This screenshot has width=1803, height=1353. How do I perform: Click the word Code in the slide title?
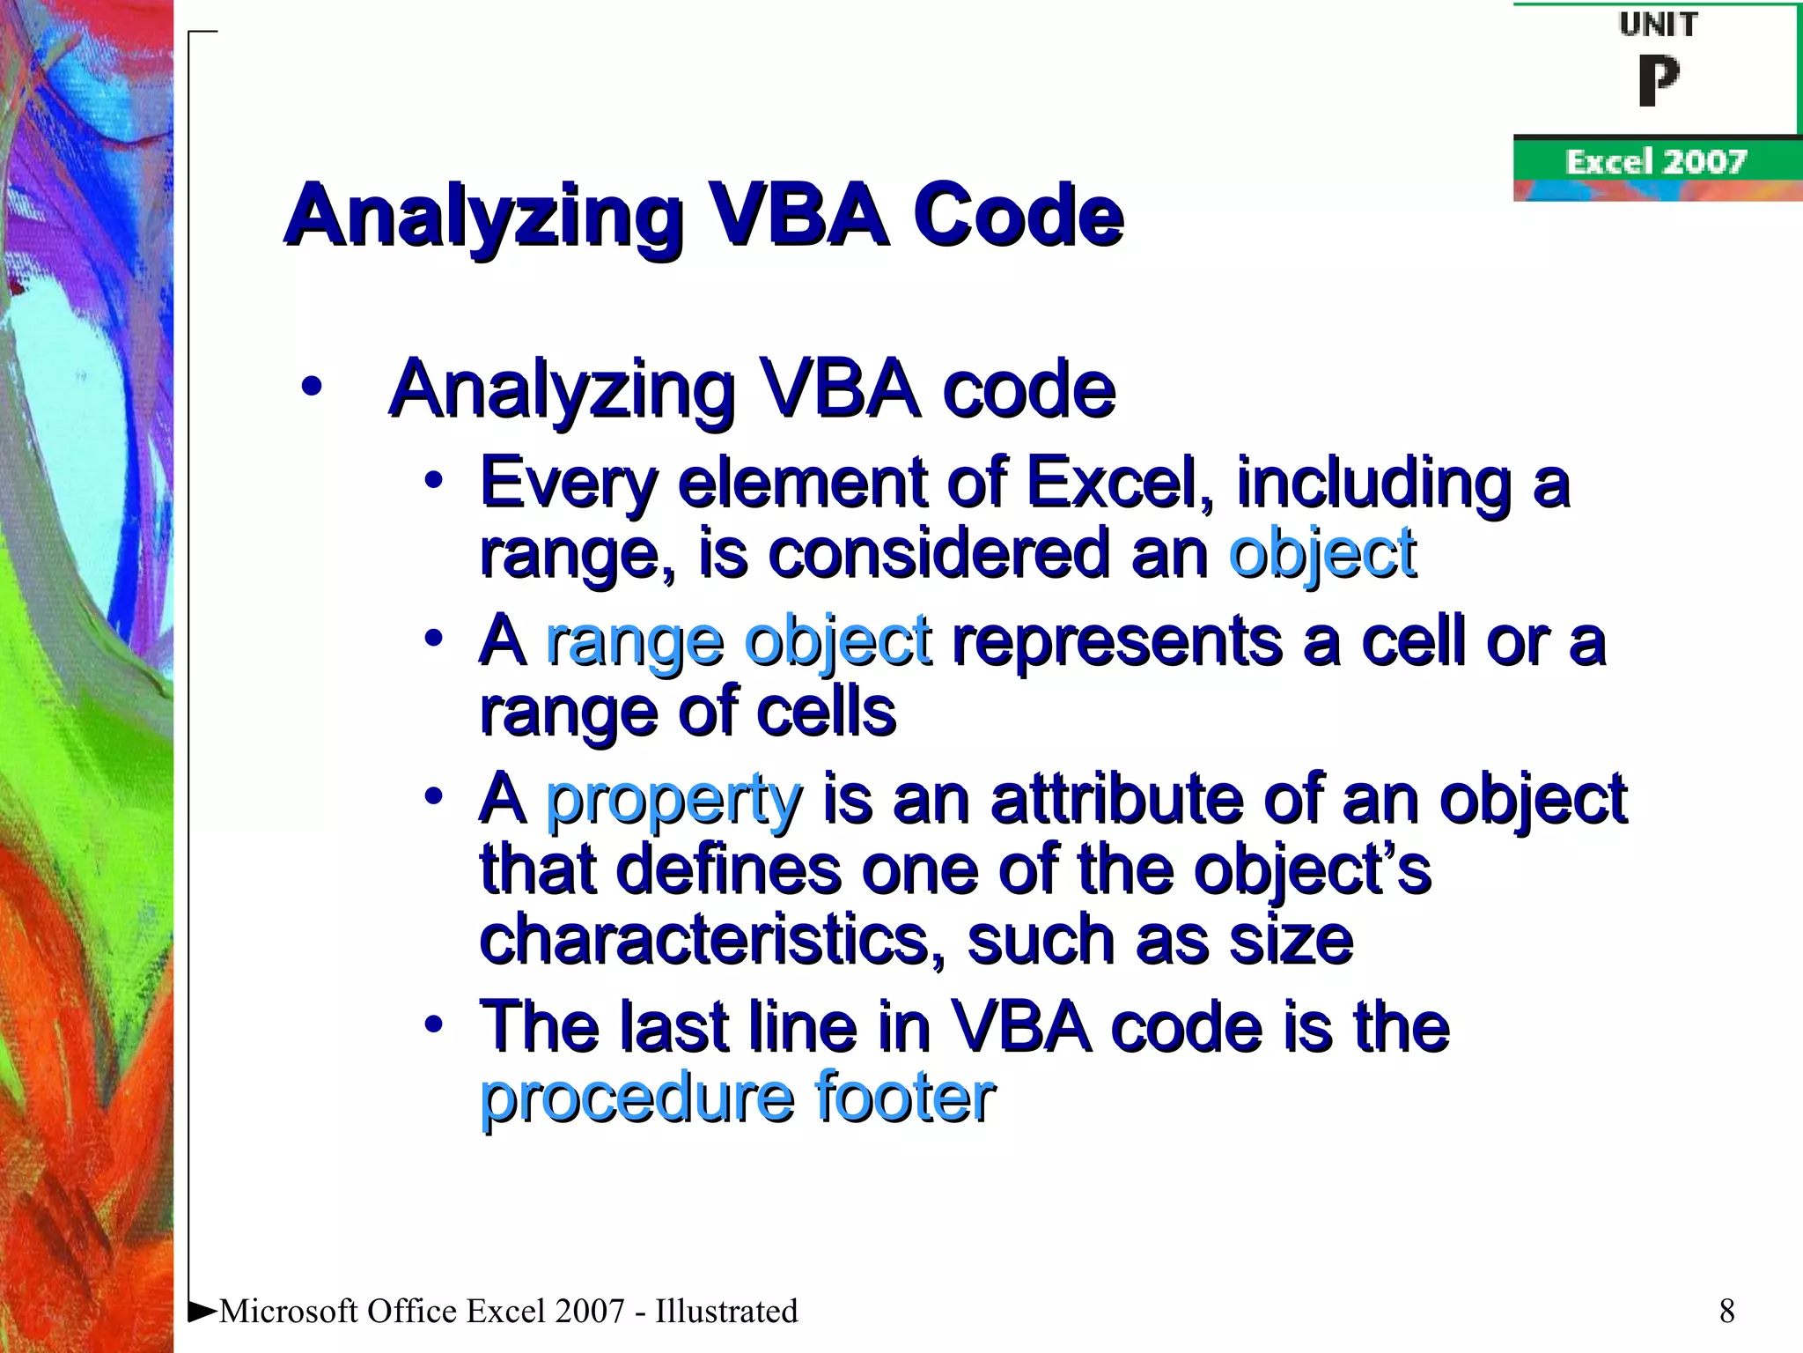pos(1018,215)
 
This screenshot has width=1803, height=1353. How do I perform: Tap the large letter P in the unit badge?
pos(1659,81)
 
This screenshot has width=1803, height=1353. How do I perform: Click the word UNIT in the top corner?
pos(1659,25)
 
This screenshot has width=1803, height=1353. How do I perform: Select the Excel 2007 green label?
pos(1655,162)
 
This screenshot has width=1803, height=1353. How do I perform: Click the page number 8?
pos(1726,1311)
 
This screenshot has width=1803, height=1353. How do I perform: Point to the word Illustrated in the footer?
pos(726,1311)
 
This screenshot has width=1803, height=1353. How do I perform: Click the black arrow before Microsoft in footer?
pos(202,1311)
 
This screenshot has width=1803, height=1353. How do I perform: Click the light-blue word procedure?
pos(637,1098)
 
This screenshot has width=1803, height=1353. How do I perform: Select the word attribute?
pos(1116,798)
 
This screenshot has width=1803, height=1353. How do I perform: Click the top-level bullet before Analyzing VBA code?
pos(311,387)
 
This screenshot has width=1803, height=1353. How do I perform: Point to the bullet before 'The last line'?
pos(432,1024)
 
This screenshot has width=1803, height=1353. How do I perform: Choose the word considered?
pos(938,553)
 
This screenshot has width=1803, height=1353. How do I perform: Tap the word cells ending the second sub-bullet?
pos(826,712)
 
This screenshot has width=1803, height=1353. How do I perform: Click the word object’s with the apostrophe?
pos(1312,870)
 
